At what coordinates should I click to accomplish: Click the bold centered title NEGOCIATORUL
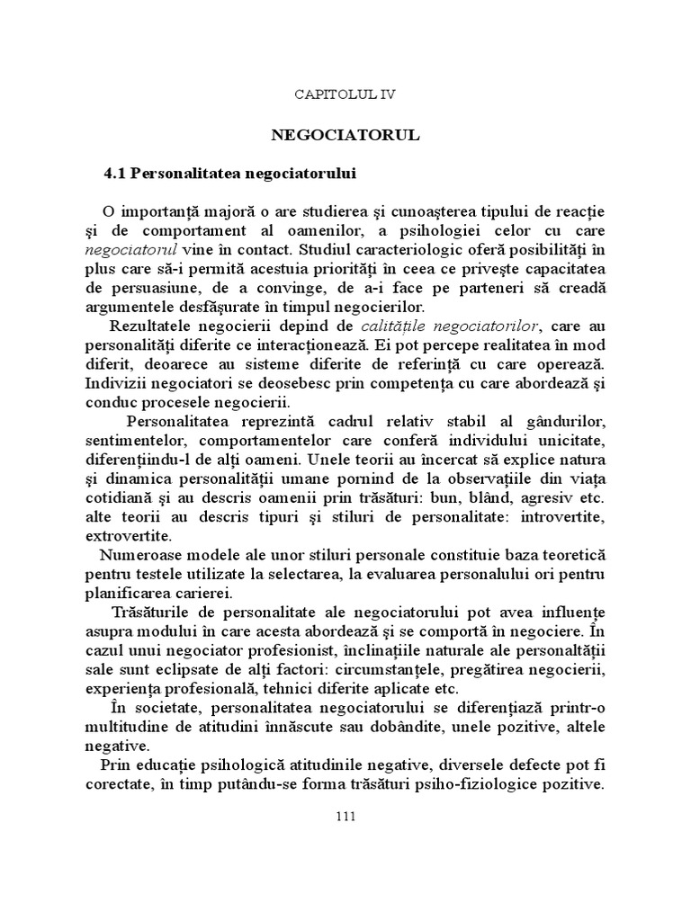[345, 135]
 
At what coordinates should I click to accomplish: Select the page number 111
[345, 816]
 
